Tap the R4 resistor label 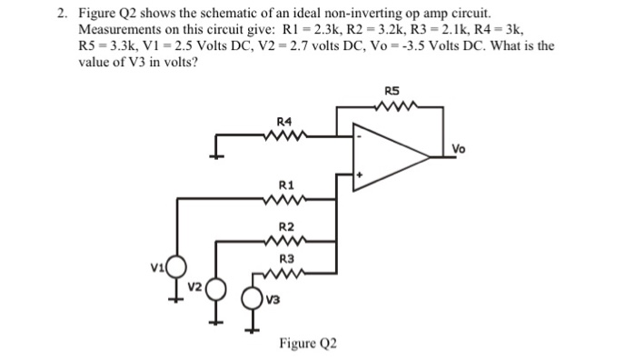(283, 121)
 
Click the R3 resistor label (284, 259)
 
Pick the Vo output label (458, 149)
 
